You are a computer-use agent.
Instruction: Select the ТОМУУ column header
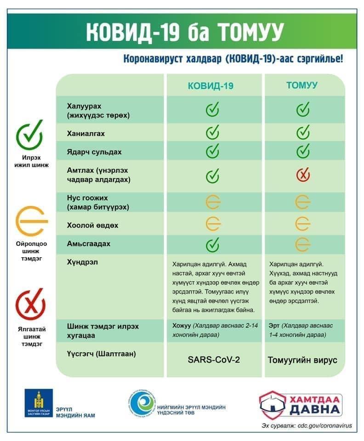point(301,85)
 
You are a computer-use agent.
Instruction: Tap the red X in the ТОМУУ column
point(303,175)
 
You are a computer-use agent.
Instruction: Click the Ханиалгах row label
point(86,134)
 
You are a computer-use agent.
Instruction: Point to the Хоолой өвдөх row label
point(92,226)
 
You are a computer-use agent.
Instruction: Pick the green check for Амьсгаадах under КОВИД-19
point(212,244)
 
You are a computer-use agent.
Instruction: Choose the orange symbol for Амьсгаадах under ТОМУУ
point(303,243)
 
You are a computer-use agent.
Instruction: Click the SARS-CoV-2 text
point(214,359)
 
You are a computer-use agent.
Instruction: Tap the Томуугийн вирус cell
point(303,360)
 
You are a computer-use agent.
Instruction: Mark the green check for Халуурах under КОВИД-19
point(212,110)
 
